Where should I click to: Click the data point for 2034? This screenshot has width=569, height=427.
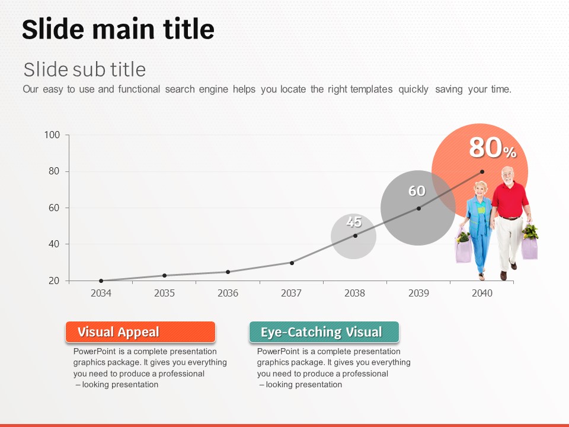[101, 281]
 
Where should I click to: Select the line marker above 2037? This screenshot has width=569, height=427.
[292, 263]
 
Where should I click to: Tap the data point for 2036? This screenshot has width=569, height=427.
[228, 272]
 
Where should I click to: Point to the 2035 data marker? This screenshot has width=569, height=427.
[164, 276]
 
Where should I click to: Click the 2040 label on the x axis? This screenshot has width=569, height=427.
[482, 293]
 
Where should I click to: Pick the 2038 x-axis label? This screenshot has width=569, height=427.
[354, 293]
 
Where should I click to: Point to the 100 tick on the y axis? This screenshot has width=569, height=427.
[52, 135]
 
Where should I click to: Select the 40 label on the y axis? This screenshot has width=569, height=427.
[54, 244]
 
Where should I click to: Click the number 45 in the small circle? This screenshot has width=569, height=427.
[354, 221]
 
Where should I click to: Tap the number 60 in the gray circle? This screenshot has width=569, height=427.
[417, 191]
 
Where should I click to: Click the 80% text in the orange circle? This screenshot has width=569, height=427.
[493, 148]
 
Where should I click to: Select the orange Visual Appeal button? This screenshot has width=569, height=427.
[140, 332]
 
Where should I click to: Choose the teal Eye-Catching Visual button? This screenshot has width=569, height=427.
[324, 332]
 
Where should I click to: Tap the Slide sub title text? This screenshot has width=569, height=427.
[85, 69]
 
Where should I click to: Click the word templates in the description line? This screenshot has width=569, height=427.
[371, 90]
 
